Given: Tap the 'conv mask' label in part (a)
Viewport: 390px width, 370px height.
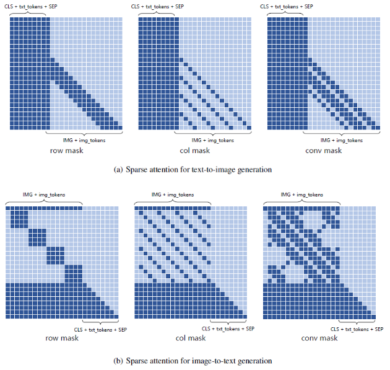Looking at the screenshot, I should point(323,151).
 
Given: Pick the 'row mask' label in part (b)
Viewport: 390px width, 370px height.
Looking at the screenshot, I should point(61,338).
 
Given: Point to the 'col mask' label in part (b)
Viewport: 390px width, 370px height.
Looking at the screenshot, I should point(191,338).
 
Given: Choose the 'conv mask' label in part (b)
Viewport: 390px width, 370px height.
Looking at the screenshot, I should point(319,338).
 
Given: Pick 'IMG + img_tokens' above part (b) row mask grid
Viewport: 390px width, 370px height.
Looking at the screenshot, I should point(43,195).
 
